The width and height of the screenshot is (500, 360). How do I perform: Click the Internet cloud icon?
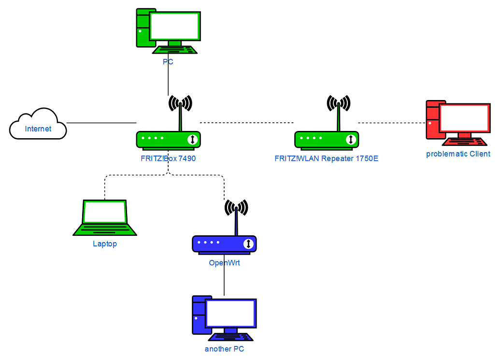click(38, 125)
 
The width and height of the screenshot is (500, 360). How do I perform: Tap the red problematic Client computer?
click(457, 121)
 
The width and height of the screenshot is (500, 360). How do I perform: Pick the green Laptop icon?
click(104, 217)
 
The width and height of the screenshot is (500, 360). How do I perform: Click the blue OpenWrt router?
click(224, 244)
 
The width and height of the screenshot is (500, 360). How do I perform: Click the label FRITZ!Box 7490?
click(168, 158)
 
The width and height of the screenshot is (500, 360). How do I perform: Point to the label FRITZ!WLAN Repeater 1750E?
click(326, 158)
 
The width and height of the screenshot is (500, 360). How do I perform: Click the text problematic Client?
click(458, 154)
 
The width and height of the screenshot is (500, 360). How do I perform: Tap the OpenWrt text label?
click(224, 263)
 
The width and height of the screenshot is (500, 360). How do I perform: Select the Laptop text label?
click(105, 244)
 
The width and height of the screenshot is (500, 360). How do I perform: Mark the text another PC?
click(221, 349)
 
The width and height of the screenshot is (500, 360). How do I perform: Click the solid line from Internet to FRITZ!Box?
click(101, 123)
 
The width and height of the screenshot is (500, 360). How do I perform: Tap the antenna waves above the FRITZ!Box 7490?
click(180, 103)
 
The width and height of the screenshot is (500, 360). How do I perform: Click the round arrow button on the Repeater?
click(351, 140)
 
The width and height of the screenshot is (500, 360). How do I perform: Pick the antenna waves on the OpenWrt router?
click(236, 208)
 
